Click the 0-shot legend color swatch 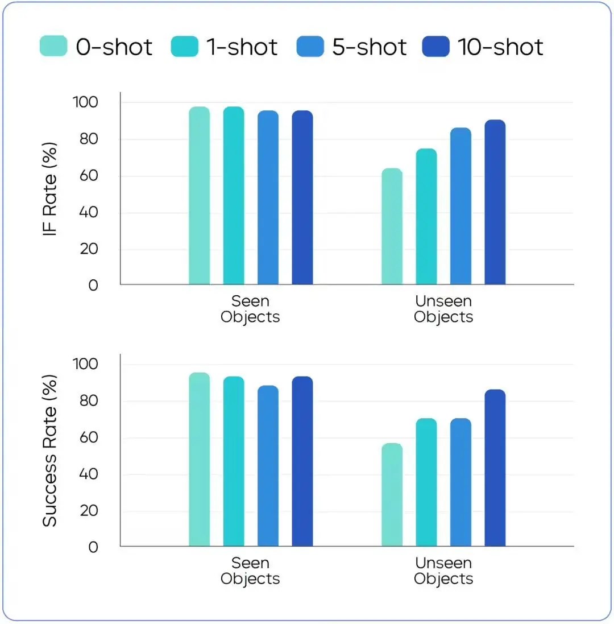pos(53,46)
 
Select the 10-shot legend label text pos(500,47)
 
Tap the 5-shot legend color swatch pos(310,46)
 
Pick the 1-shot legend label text pos(242,47)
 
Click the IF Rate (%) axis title pos(51,192)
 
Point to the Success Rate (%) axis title pos(51,451)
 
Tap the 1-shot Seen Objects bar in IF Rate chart pos(234,196)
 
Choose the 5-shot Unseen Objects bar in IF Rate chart pos(460,206)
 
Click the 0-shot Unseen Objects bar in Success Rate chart pos(392,494)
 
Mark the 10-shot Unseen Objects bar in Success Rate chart pos(495,468)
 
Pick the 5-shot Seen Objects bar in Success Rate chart pos(268,466)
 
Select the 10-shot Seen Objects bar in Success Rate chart pos(302,461)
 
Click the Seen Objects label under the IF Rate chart pos(250,308)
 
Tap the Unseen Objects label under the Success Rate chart pos(443,571)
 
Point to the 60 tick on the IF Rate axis pos(85,176)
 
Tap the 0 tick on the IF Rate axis pos(93,286)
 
